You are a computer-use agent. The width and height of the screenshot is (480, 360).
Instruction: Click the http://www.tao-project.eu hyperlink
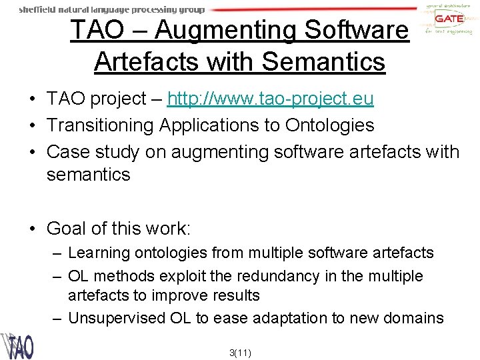coord(270,99)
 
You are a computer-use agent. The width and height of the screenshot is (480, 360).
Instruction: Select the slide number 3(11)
coord(239,353)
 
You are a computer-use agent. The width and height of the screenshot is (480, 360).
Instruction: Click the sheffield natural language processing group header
coord(112,10)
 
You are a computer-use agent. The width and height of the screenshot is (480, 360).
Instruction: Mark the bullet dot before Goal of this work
coord(32,229)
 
